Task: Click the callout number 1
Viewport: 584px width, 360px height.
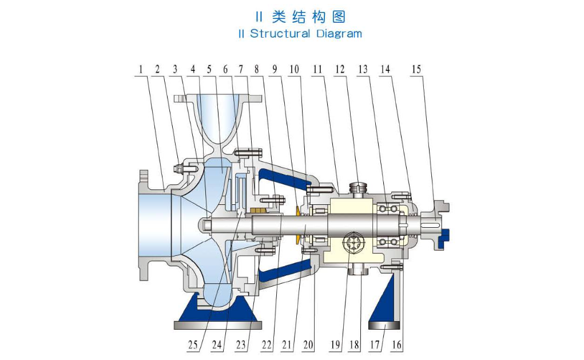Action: tap(141, 69)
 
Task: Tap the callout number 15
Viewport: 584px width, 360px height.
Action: tap(416, 69)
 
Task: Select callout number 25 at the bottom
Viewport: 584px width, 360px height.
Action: tap(193, 345)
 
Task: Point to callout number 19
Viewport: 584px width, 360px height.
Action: tap(335, 345)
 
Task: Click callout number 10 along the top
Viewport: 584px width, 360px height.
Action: tap(294, 69)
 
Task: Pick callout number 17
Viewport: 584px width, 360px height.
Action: tap(374, 345)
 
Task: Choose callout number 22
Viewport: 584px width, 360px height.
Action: tap(267, 345)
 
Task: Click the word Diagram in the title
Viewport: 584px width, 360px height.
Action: tap(339, 34)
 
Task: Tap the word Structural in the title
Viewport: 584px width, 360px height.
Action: tap(280, 34)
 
